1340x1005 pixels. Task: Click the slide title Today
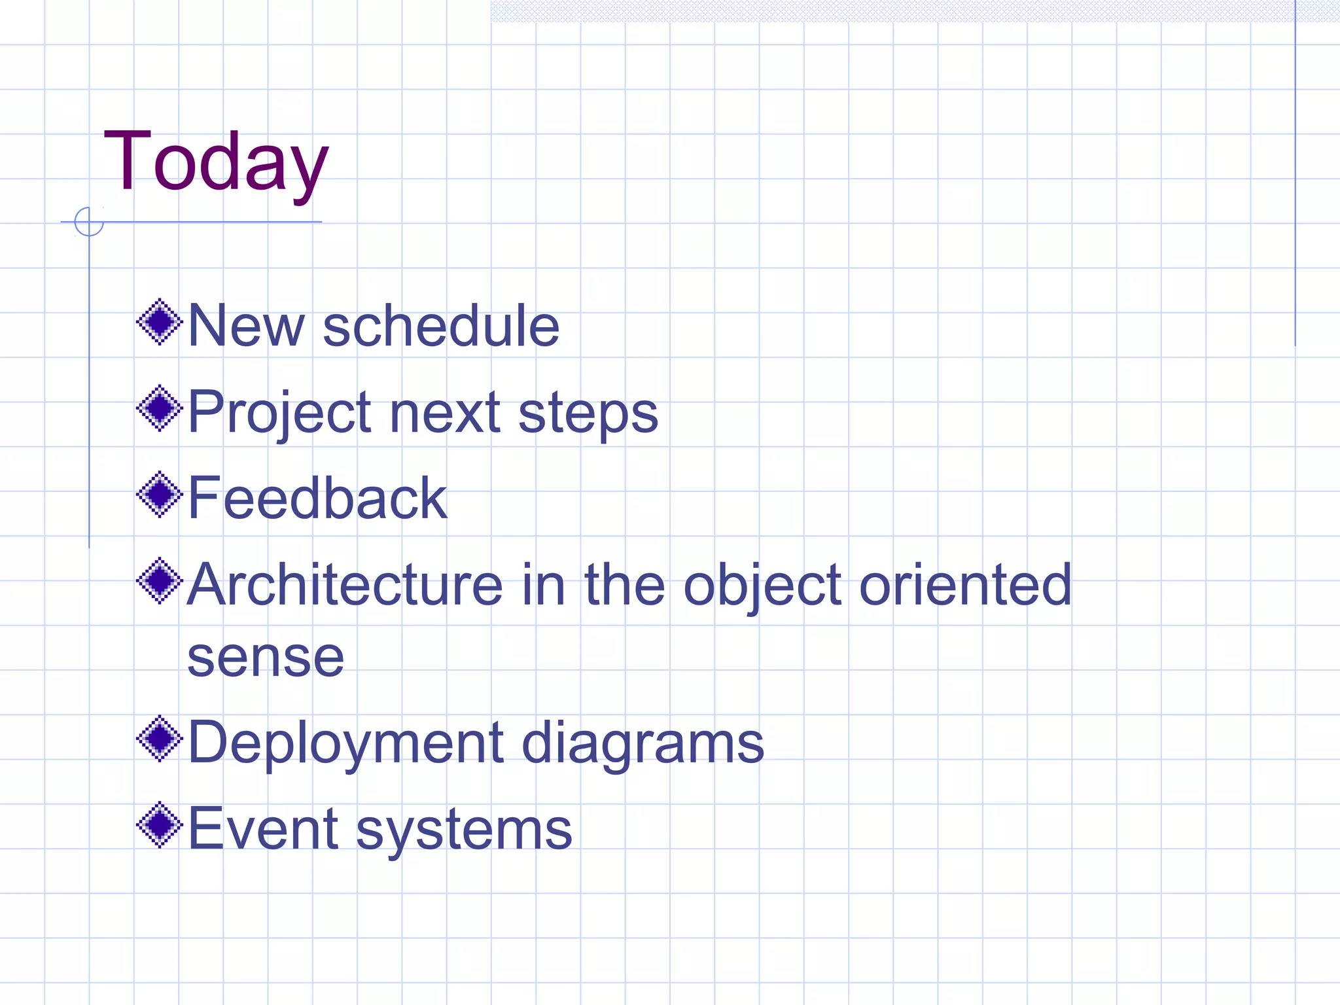[x=216, y=162]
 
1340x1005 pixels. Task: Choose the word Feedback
[x=317, y=499]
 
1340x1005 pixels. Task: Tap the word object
[x=762, y=586]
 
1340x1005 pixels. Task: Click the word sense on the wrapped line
[x=266, y=657]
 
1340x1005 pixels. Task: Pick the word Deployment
[x=345, y=744]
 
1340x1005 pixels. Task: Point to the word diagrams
[x=643, y=744]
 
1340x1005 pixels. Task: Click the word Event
[x=263, y=829]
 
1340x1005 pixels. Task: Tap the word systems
[x=464, y=831]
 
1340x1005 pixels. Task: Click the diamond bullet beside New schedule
[x=159, y=322]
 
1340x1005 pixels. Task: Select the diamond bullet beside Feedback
[x=159, y=495]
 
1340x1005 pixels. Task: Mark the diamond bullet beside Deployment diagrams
[x=159, y=739]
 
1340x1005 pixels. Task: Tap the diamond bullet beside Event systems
[x=159, y=825]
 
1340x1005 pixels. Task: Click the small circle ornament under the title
[x=89, y=222]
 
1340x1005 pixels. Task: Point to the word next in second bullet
[x=445, y=414]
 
